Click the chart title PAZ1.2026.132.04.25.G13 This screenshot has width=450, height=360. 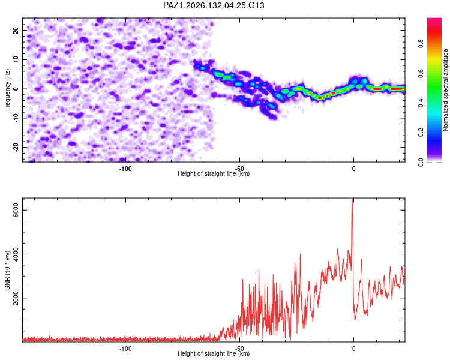[x=214, y=5]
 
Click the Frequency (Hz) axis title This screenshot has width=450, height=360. [x=7, y=90]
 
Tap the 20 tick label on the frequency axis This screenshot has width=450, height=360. [x=16, y=31]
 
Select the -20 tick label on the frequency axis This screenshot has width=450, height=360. [x=16, y=147]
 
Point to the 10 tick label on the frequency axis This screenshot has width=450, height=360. [x=16, y=59]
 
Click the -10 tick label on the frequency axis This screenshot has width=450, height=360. [x=16, y=118]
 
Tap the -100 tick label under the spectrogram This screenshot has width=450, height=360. [x=125, y=169]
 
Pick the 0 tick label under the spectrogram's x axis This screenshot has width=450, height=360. [x=353, y=169]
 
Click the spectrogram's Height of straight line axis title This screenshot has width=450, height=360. [x=214, y=173]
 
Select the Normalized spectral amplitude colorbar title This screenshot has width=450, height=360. [x=445, y=90]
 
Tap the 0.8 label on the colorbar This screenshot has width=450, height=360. [x=421, y=44]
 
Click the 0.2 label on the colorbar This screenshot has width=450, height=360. [x=421, y=133]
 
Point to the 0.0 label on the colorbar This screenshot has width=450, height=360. [x=421, y=162]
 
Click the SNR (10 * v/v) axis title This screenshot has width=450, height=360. [x=7, y=270]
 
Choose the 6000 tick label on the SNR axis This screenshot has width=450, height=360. [x=16, y=210]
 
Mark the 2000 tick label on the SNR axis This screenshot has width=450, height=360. [x=16, y=298]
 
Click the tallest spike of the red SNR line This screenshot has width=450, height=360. [x=352, y=199]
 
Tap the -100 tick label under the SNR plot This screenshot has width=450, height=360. [x=125, y=349]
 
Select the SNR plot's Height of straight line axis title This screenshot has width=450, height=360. [x=214, y=353]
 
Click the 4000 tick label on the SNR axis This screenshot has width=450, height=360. [x=16, y=254]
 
